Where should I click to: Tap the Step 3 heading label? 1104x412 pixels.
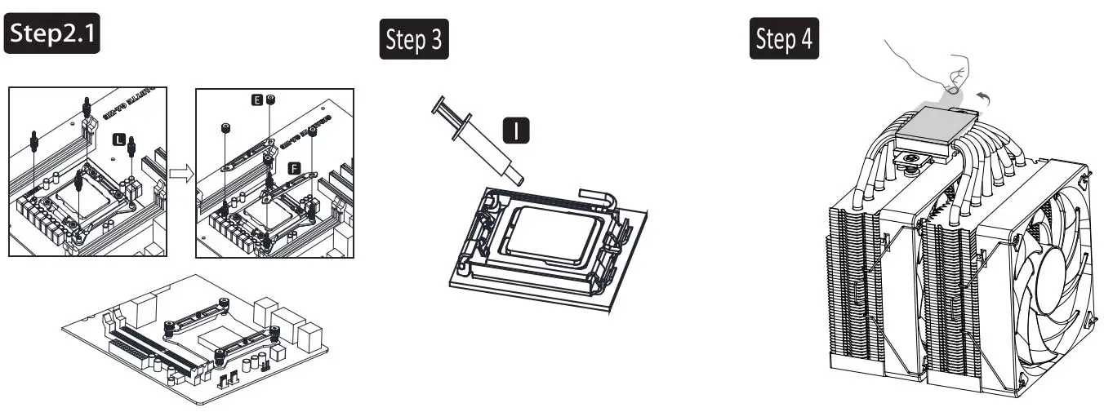tap(413, 42)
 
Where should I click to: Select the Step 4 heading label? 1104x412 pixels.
tap(784, 42)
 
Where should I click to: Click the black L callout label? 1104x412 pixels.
tap(119, 140)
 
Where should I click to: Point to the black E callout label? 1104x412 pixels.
tap(256, 100)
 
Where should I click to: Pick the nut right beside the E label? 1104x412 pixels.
tap(272, 100)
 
